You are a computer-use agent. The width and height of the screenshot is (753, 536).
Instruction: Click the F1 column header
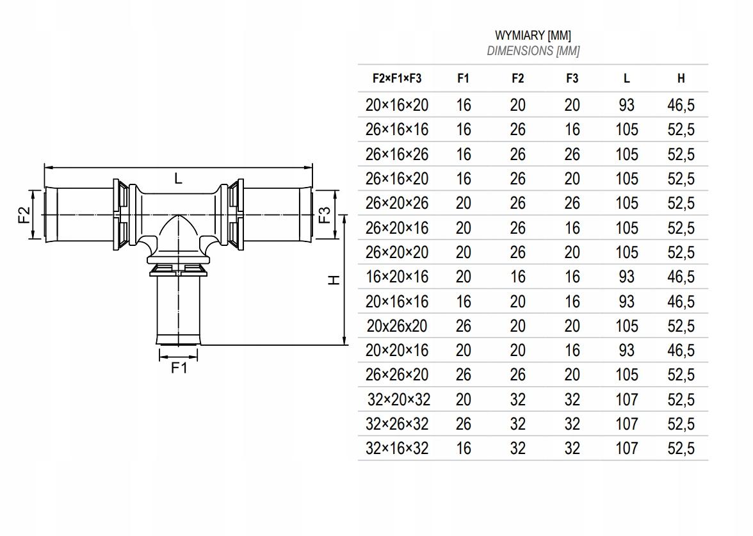pyautogui.click(x=463, y=78)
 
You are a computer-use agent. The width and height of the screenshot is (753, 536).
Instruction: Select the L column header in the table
pyautogui.click(x=626, y=78)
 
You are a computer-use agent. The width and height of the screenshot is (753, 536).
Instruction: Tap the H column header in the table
pyautogui.click(x=681, y=78)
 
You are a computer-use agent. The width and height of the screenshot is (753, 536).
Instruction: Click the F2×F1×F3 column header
pyautogui.click(x=397, y=78)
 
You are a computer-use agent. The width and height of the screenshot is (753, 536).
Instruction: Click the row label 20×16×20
pyautogui.click(x=397, y=105)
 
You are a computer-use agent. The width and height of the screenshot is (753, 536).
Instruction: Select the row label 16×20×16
pyautogui.click(x=397, y=277)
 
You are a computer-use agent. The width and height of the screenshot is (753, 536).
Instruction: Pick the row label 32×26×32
pyautogui.click(x=397, y=424)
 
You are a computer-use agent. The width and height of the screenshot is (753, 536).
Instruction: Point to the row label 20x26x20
pyautogui.click(x=397, y=326)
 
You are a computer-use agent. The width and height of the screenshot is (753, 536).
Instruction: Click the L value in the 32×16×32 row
pyautogui.click(x=626, y=448)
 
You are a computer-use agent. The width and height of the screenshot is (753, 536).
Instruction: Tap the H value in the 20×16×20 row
pyautogui.click(x=681, y=105)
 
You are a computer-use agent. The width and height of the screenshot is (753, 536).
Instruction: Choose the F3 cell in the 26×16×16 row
pyautogui.click(x=572, y=129)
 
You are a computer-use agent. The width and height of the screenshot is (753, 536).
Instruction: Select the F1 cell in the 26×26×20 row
pyautogui.click(x=463, y=375)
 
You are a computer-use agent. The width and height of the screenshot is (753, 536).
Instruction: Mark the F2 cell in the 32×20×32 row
pyautogui.click(x=517, y=400)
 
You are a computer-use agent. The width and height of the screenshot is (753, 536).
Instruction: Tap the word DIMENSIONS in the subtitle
pyautogui.click(x=520, y=51)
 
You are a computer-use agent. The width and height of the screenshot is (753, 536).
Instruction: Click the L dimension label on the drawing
pyautogui.click(x=178, y=179)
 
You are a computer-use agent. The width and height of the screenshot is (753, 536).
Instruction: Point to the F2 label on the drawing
pyautogui.click(x=24, y=215)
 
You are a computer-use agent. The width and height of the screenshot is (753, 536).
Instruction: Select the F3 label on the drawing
pyautogui.click(x=325, y=215)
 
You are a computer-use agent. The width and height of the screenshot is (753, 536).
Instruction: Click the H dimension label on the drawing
pyautogui.click(x=333, y=280)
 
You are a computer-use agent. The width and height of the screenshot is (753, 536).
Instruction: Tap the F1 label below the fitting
pyautogui.click(x=179, y=368)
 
